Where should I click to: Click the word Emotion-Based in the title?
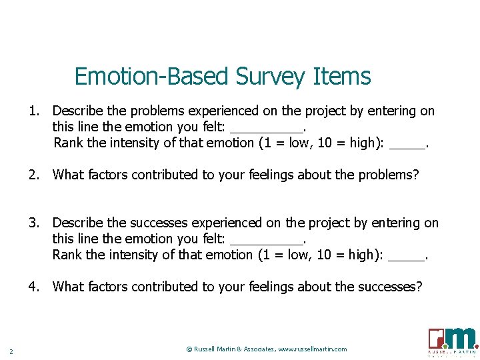click(151, 77)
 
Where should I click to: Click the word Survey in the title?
click(273, 77)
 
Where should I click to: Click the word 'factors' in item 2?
click(108, 175)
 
